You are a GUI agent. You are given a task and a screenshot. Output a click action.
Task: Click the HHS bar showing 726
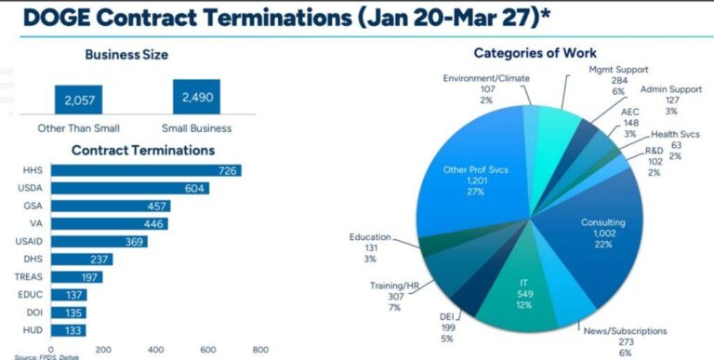[146, 170]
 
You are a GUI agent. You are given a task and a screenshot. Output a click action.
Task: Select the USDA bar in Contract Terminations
[130, 188]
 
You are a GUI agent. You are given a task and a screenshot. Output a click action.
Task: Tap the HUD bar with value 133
[69, 330]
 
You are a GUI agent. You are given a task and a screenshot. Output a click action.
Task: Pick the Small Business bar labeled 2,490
[196, 97]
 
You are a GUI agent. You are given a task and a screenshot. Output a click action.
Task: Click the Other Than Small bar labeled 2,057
[78, 99]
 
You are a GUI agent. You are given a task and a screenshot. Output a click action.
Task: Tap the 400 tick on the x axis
[156, 350]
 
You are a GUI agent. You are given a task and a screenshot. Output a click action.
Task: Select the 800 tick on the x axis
[261, 350]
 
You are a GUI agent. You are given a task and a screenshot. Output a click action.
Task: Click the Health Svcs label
[675, 134]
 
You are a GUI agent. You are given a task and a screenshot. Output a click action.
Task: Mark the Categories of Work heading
[535, 53]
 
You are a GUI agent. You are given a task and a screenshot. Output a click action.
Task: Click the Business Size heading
[126, 54]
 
